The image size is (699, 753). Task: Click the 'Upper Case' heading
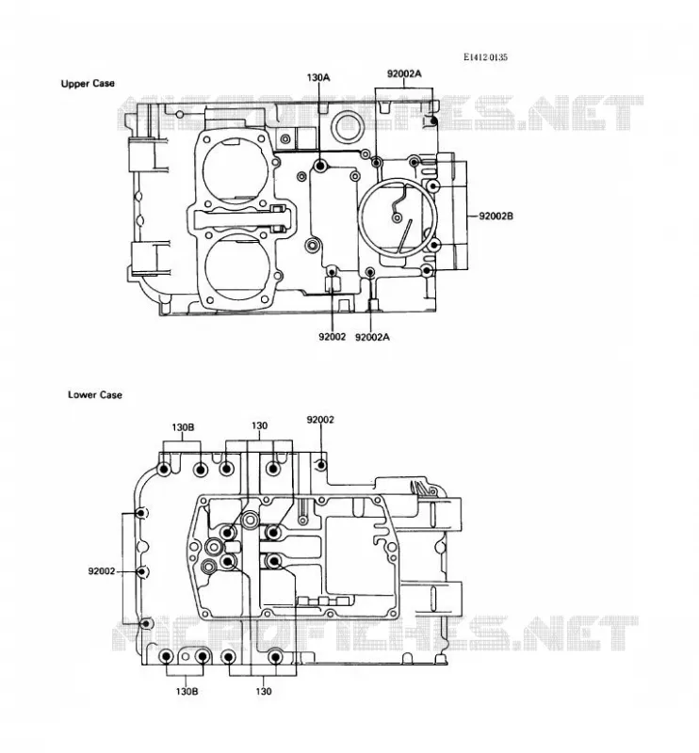click(x=88, y=84)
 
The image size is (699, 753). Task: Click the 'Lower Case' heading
click(x=95, y=394)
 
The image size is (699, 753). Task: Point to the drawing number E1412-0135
click(x=485, y=57)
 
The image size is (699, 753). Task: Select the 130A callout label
click(x=317, y=77)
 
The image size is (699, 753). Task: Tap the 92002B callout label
click(x=496, y=216)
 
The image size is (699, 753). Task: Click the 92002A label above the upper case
click(x=404, y=73)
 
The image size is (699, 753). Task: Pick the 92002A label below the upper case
click(x=372, y=337)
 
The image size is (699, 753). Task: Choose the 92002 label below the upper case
click(x=332, y=337)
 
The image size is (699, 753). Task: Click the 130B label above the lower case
click(x=183, y=427)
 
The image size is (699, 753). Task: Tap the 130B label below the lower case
click(x=187, y=692)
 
